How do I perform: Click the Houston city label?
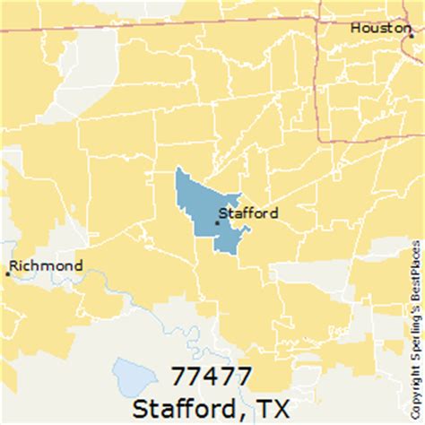(380, 29)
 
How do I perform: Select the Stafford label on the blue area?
(249, 213)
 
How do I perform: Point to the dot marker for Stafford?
(217, 221)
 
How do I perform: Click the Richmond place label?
(47, 265)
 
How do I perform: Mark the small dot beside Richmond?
(8, 273)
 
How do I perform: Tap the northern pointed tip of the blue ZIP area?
(178, 169)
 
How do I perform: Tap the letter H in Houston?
(355, 29)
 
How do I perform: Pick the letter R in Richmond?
(14, 265)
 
